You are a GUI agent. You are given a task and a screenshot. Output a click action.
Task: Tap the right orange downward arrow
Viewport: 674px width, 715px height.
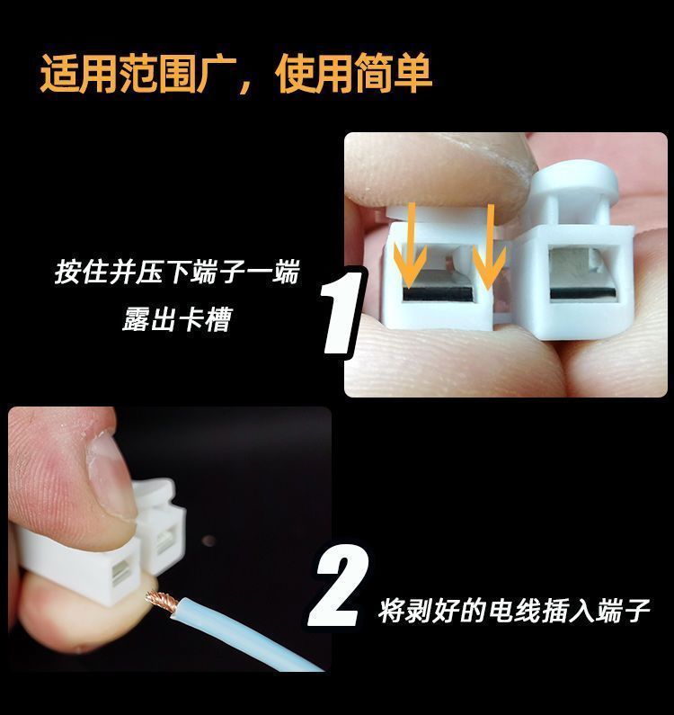click(x=490, y=247)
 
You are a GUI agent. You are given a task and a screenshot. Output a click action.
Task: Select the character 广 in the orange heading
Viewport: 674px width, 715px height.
click(x=217, y=74)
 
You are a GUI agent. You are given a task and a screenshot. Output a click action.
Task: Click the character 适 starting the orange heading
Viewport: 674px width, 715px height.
click(x=59, y=74)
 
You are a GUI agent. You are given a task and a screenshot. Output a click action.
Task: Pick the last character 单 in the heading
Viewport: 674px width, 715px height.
click(x=412, y=73)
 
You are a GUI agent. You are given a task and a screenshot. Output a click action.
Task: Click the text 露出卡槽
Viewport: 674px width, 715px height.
click(x=177, y=318)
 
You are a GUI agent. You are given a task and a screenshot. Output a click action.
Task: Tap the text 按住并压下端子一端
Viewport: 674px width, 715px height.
click(x=177, y=273)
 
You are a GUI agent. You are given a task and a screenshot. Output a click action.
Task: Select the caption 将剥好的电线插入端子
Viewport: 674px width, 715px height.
click(x=514, y=611)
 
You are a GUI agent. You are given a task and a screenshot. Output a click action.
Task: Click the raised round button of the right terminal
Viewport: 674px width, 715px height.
click(x=575, y=179)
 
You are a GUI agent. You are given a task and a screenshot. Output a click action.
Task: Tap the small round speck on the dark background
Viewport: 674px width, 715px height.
click(x=208, y=541)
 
